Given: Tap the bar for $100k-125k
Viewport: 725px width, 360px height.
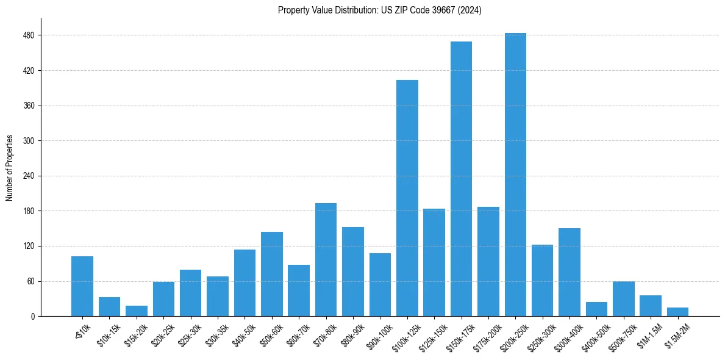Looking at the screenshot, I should tap(407, 198).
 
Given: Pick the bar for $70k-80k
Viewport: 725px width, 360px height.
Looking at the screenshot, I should tap(326, 260).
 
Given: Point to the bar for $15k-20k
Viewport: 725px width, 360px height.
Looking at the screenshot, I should tap(137, 311).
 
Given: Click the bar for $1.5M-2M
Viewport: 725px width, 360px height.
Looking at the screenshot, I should tap(677, 312).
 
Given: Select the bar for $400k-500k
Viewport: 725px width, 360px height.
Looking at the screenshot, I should tap(596, 309).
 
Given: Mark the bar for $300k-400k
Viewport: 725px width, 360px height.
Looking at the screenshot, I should tap(570, 272).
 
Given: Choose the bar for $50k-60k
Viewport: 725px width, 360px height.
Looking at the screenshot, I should tap(272, 274).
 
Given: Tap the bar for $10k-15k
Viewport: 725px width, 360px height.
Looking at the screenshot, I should tap(110, 307).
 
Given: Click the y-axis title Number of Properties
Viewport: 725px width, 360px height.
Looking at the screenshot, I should tap(9, 168).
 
